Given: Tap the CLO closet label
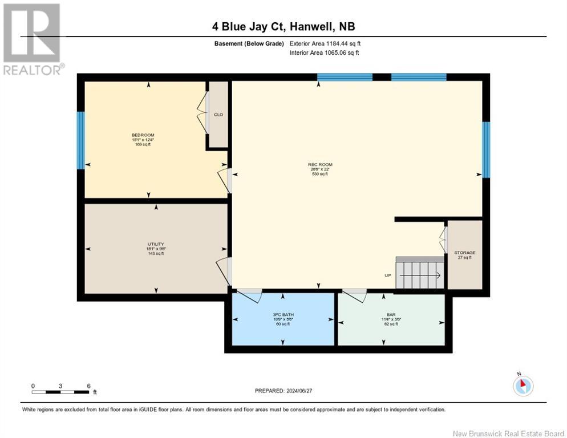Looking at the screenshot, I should click(218, 115).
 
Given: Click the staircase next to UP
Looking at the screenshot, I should click(420, 275).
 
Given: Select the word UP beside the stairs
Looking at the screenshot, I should click(388, 275).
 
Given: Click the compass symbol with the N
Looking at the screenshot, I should click(523, 386).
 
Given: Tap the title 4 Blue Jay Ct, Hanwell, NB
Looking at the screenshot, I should click(283, 27).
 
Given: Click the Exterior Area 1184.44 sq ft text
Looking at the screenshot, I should click(325, 43).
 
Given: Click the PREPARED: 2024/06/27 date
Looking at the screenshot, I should click(283, 391).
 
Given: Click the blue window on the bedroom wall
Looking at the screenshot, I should click(80, 140).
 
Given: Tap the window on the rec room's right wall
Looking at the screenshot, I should click(486, 149).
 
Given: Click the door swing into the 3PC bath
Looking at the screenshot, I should click(249, 296).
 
